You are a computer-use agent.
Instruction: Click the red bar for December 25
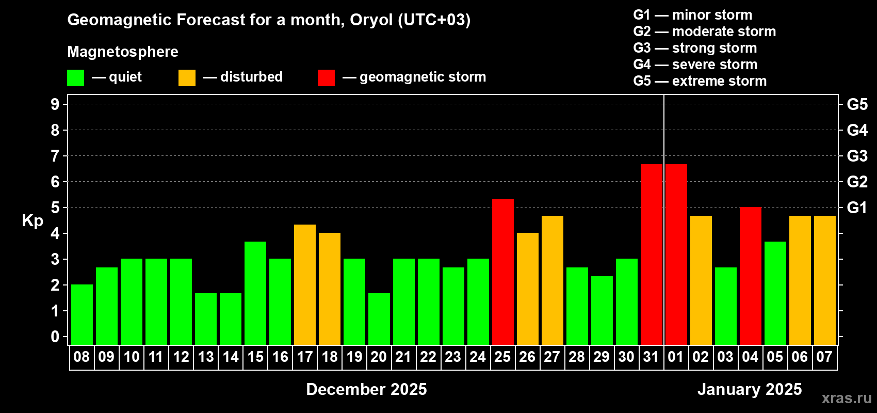[x=502, y=272]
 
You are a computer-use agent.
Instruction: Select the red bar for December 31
[x=652, y=255]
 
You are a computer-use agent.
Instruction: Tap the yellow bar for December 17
[x=304, y=284]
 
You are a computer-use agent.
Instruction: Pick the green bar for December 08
[x=82, y=314]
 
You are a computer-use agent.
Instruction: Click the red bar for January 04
[x=751, y=276]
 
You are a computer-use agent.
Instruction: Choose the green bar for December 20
[x=379, y=319]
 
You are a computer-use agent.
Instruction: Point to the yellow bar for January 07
[x=825, y=280]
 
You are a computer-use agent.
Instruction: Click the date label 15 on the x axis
[x=255, y=357]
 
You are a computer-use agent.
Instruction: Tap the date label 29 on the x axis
[x=602, y=357]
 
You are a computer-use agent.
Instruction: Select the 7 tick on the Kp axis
[x=55, y=156]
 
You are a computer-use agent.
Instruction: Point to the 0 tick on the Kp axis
[x=55, y=337]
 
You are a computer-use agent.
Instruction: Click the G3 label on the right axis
[x=857, y=156]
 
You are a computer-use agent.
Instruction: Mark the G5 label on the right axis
[x=857, y=104]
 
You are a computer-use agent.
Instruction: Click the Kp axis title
[x=33, y=221]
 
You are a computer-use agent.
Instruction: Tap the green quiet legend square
[x=75, y=77]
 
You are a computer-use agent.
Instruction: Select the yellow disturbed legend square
[x=187, y=77]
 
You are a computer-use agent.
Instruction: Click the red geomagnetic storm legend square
[x=326, y=77]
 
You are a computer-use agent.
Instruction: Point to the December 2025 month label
[x=366, y=389]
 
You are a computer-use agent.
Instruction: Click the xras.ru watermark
[x=847, y=398]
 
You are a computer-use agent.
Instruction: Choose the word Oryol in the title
[x=371, y=20]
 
